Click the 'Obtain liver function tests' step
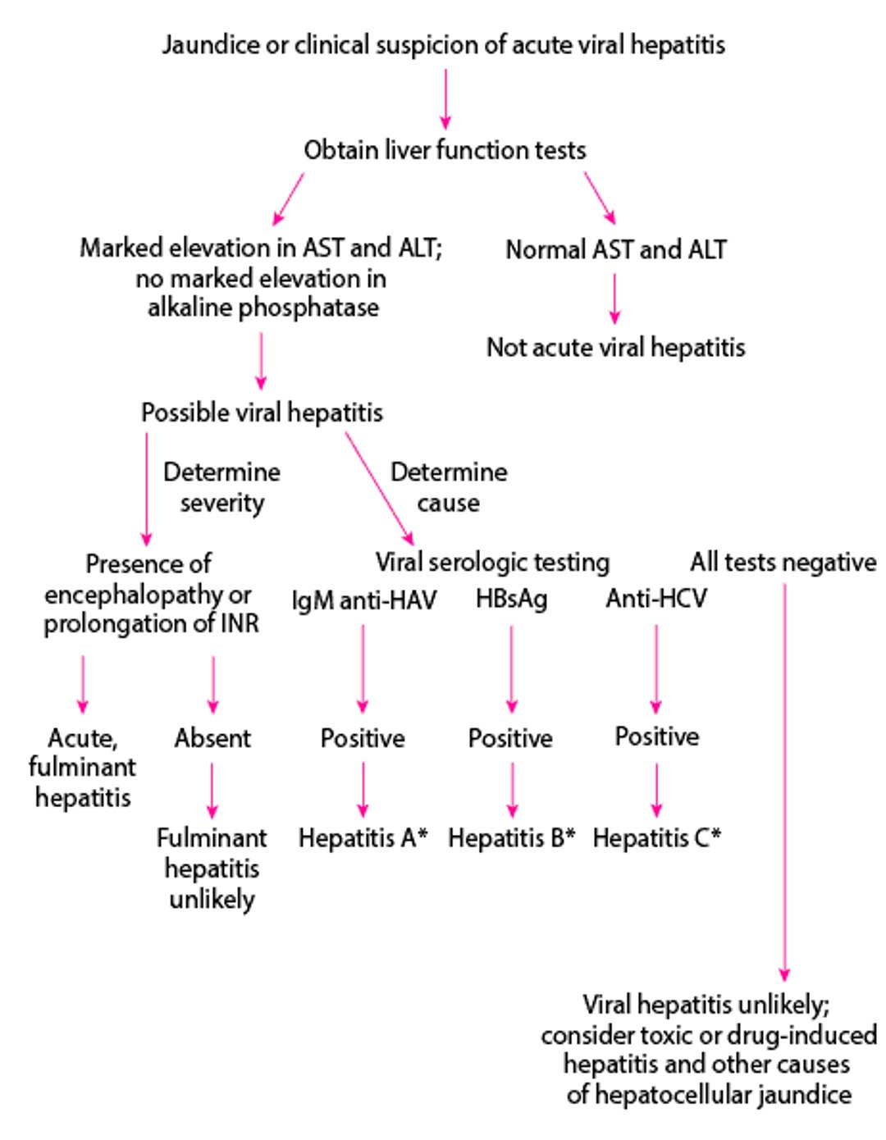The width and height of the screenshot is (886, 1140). tap(445, 150)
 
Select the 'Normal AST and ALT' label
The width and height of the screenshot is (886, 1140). tap(615, 249)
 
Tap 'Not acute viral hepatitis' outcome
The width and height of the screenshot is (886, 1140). tap(615, 347)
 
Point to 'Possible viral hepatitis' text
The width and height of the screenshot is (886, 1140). tap(262, 412)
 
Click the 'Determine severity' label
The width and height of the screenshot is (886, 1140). tap(221, 487)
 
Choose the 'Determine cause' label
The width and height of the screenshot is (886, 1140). tap(448, 487)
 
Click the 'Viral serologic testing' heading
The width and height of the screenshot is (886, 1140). tap(492, 562)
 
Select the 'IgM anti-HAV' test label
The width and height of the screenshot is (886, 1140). tap(364, 600)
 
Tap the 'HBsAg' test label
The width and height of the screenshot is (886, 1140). tap(511, 600)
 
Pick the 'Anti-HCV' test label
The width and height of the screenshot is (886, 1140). tap(656, 599)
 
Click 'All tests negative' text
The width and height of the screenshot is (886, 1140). tap(783, 562)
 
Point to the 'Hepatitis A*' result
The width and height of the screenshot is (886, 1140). tap(363, 837)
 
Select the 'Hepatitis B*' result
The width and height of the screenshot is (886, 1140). tap(511, 837)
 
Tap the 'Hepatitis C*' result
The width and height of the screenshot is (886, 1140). tap(656, 837)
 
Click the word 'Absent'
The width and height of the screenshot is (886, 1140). tap(212, 738)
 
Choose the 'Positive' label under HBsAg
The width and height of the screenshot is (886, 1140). tap(510, 738)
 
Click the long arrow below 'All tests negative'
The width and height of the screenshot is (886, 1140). tap(784, 779)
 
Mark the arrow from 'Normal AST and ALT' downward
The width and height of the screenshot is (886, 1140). tap(614, 299)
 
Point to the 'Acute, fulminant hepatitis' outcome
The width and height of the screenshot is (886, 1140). tap(82, 767)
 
